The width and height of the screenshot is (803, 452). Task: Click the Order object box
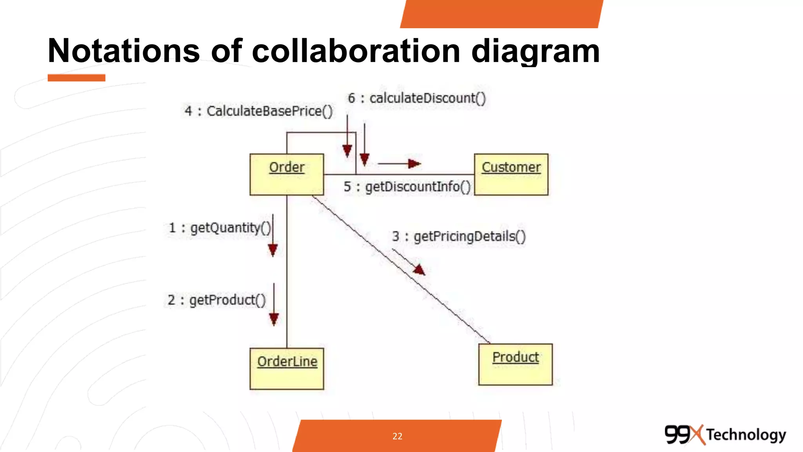point(287,174)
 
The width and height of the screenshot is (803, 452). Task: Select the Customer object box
point(511,174)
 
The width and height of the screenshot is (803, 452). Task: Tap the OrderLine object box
point(287,368)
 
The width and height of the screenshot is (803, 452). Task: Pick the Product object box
point(515,364)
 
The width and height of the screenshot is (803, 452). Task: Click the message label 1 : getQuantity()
point(220,228)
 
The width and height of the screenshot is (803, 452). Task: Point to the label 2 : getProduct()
point(216,300)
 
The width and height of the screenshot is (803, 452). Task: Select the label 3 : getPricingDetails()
point(459,236)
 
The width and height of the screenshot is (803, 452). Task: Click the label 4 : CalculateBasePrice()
point(259,111)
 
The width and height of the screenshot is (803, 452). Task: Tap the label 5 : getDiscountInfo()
point(407,187)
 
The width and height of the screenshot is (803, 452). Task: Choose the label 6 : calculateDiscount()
point(417,98)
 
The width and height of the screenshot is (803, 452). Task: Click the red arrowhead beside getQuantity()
point(273,250)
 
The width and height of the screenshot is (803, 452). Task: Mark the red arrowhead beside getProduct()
point(274,319)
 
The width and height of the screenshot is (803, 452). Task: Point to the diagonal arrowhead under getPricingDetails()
point(420,270)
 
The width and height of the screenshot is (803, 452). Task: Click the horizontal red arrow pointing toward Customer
point(399,164)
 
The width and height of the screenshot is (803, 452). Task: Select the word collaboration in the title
point(356,51)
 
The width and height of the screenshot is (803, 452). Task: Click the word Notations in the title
point(124,51)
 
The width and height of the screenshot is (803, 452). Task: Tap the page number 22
point(397,436)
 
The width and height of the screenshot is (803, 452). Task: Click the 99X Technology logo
point(725,434)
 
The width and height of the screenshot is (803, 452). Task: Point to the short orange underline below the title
point(76,78)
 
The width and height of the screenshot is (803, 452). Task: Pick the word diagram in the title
point(535,51)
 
